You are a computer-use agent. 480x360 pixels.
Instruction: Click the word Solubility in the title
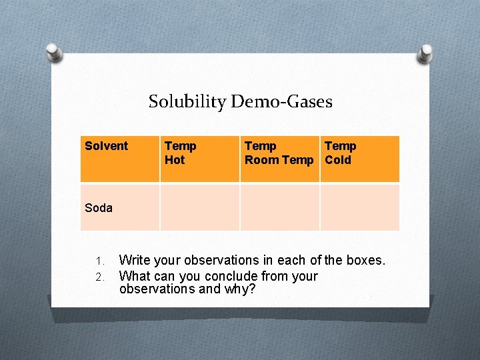pos(187,102)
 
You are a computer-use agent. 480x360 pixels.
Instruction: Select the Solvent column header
pos(107,146)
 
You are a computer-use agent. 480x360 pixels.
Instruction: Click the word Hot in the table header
pos(175,160)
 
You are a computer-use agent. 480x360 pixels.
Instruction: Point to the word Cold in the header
pos(338,160)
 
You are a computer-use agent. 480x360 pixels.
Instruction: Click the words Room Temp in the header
pos(279,160)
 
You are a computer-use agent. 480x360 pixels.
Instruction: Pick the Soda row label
pos(99,208)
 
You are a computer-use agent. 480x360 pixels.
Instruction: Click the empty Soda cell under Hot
pos(199,207)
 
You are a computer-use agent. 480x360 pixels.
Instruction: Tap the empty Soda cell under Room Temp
pos(279,207)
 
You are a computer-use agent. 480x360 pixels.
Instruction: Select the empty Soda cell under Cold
pos(359,207)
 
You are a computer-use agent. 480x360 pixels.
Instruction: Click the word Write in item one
pos(134,260)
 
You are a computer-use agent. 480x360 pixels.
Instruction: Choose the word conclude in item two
pos(230,276)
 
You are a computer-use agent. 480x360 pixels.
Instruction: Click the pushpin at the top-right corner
pos(424,51)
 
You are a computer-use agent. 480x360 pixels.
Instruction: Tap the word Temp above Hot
pos(181,146)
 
